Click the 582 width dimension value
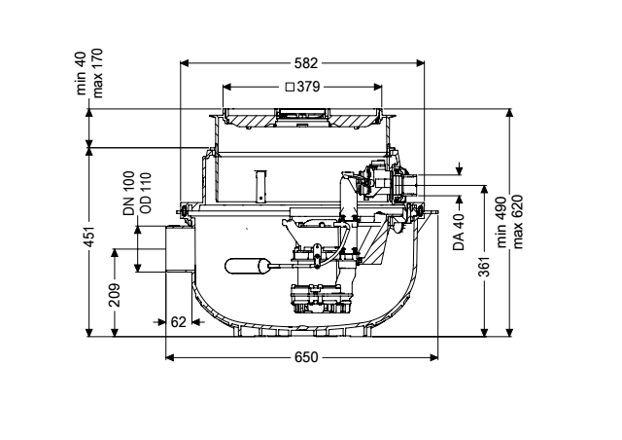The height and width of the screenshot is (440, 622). [306, 63]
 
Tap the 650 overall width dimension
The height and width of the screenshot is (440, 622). [306, 357]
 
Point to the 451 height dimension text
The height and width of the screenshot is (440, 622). [90, 237]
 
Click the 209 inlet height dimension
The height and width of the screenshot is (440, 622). [115, 295]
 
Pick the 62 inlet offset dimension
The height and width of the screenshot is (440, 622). [178, 321]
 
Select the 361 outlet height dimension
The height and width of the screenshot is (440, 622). [484, 267]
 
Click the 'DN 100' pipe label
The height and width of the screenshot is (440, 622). [129, 194]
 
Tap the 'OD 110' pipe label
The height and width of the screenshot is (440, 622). [145, 193]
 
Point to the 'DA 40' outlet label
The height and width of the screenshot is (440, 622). [459, 232]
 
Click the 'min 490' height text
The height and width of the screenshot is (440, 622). [501, 222]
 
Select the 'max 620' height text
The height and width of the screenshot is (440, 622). [517, 222]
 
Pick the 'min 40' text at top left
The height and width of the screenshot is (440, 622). [81, 74]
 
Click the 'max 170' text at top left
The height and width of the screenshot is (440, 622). [97, 74]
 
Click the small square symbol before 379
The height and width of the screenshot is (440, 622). [290, 87]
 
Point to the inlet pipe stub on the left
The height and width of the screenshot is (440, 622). [180, 249]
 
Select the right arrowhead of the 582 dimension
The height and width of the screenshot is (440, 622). [420, 63]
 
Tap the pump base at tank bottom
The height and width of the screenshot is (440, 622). [321, 299]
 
